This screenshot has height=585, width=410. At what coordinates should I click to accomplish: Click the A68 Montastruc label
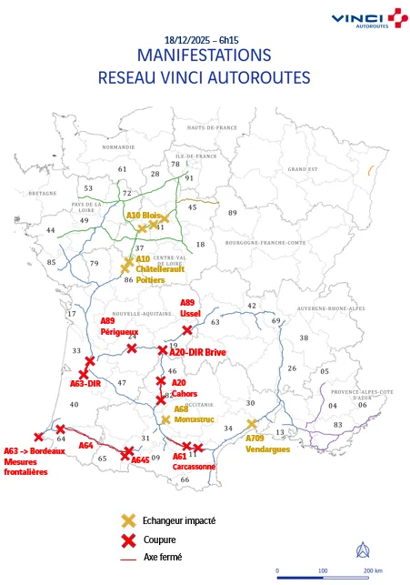pos(194,415)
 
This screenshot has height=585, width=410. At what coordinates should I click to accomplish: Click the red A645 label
pos(140,459)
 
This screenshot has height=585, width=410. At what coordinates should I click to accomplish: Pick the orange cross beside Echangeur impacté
pos(128,521)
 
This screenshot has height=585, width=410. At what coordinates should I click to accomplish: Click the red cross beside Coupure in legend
pos(128,539)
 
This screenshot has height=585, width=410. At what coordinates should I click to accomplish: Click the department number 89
pos(232,213)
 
